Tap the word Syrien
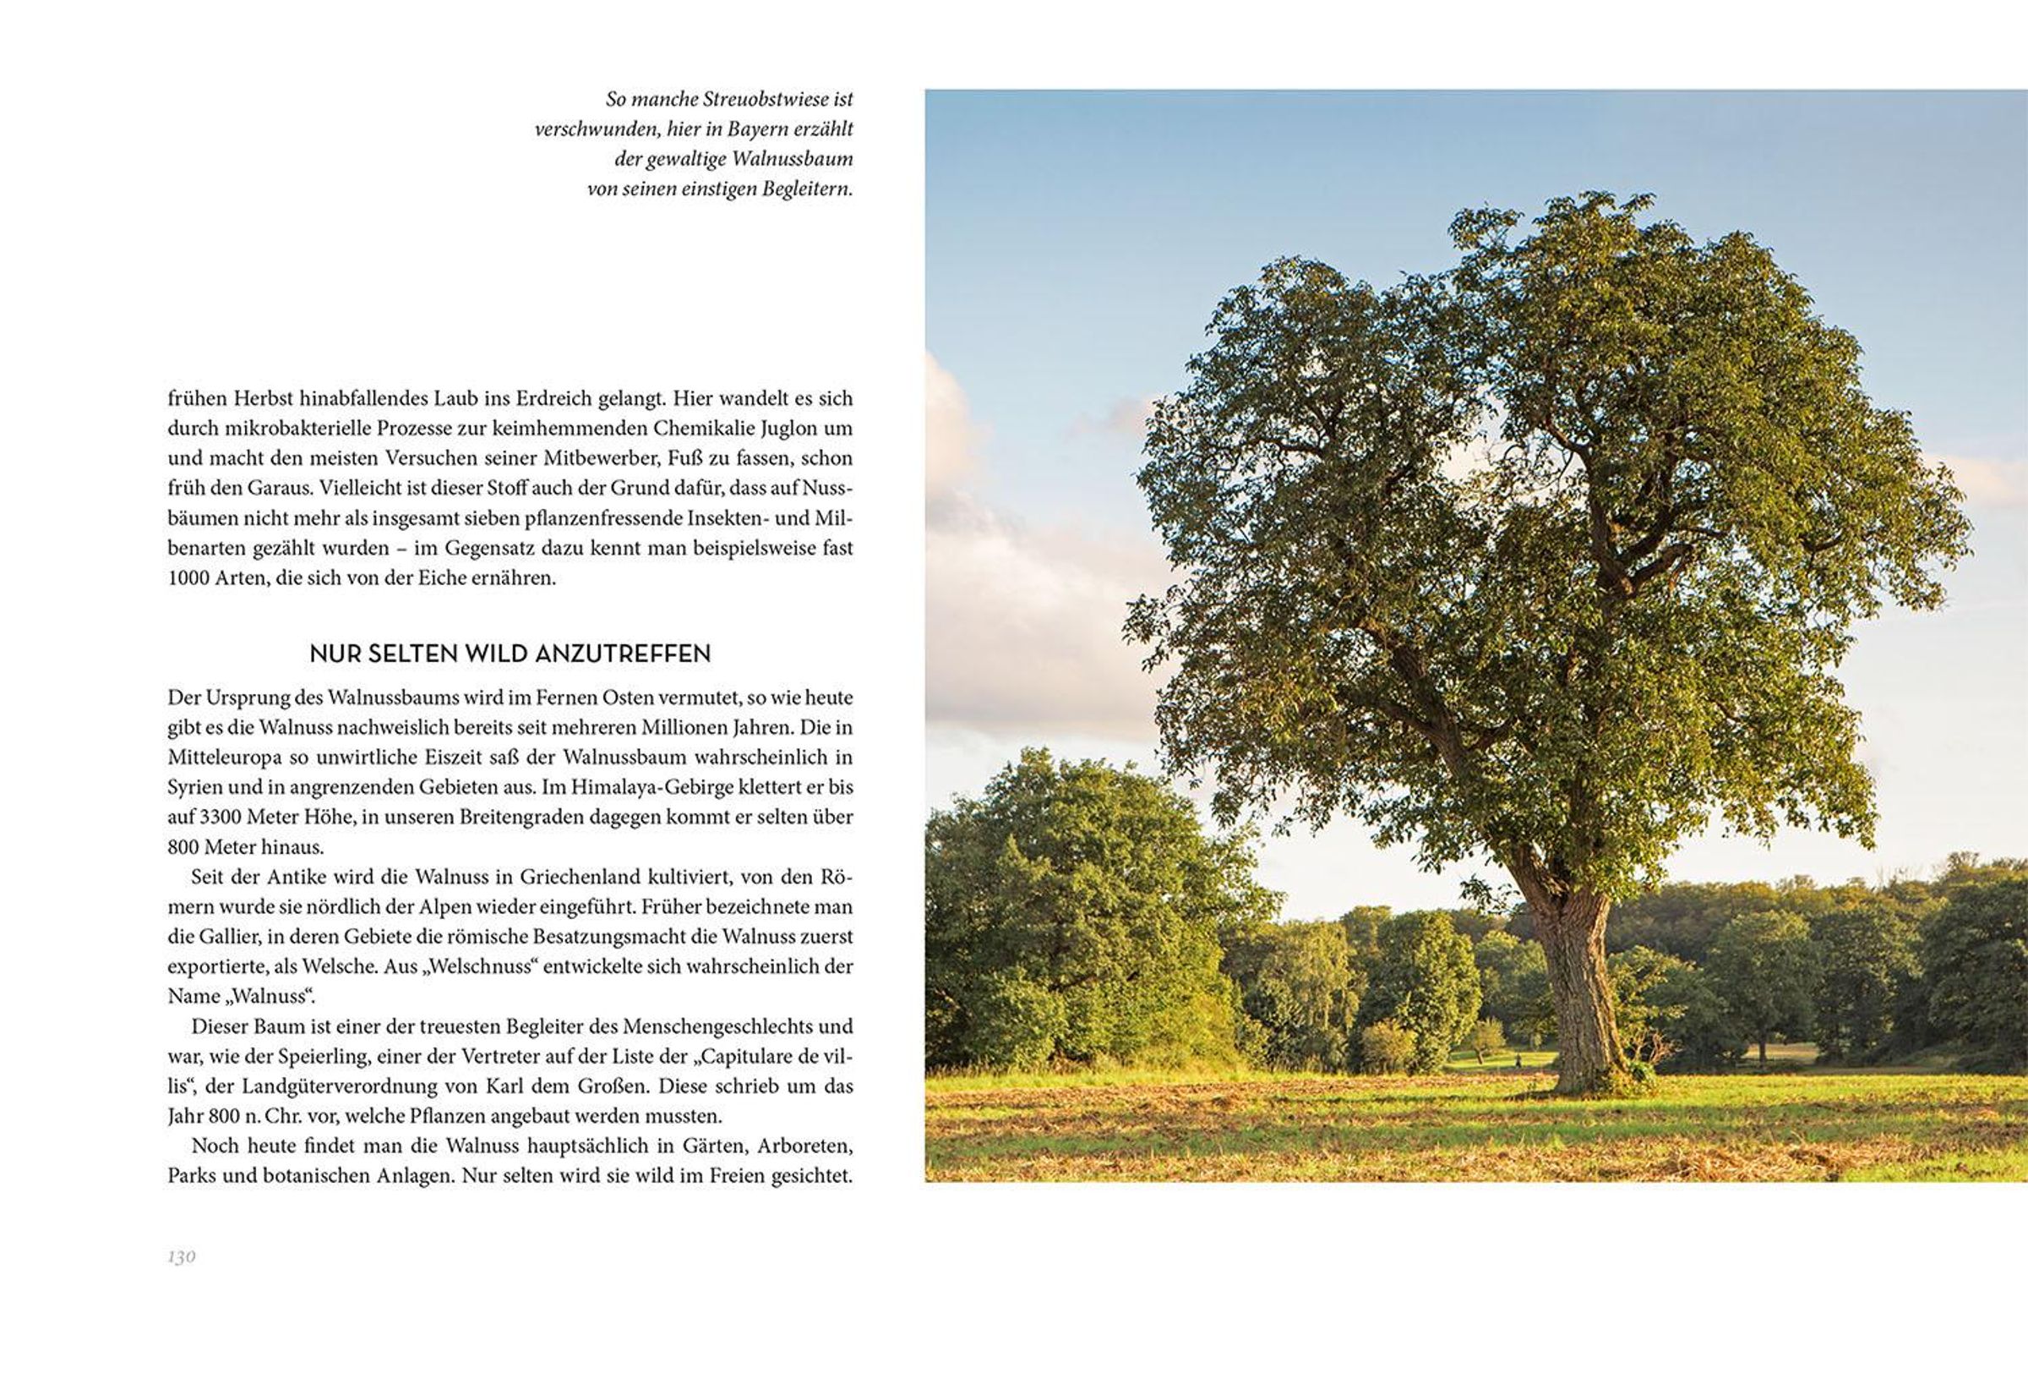pos(195,787)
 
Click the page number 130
pos(182,1257)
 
